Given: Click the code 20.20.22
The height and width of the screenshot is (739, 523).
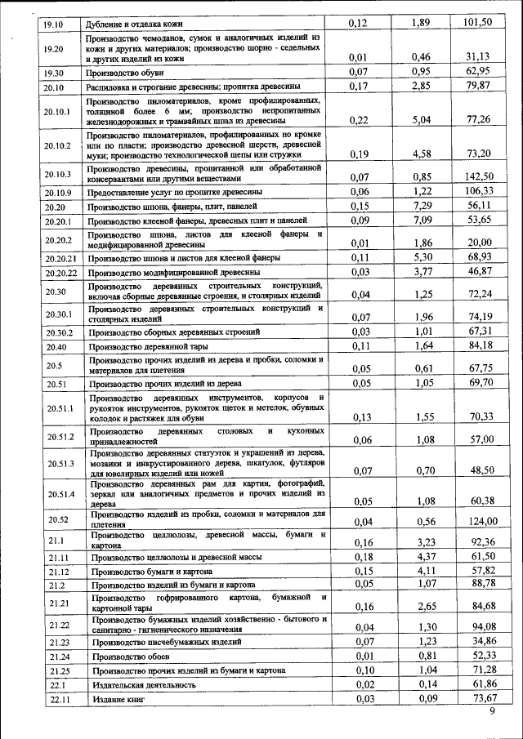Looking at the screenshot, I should pyautogui.click(x=61, y=273).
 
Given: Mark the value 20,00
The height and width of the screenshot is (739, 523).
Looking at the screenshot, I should pyautogui.click(x=479, y=243).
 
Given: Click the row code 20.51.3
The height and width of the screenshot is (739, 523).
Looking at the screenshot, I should pyautogui.click(x=60, y=463).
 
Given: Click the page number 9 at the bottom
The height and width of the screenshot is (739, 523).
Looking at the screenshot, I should pyautogui.click(x=492, y=712).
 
